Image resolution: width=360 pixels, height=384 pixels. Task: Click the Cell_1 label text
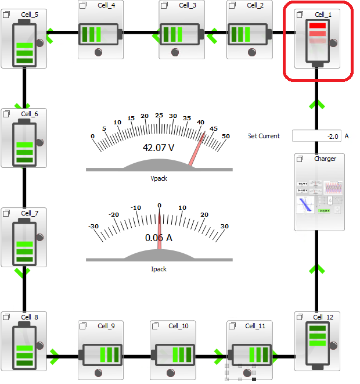point(323,14)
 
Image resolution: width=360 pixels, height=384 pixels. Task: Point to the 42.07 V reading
point(159,148)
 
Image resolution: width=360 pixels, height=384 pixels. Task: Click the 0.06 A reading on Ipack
point(159,238)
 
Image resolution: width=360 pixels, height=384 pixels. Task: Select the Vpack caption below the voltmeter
point(159,178)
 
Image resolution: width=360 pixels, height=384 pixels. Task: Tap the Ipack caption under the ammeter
point(159,269)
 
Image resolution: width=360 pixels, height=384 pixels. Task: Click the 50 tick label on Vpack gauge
point(226,137)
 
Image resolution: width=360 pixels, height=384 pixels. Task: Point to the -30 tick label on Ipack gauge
point(93,227)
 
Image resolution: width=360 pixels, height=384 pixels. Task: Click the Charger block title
point(325,159)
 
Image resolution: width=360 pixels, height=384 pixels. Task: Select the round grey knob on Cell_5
point(41,42)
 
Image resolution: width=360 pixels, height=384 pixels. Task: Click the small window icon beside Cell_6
point(6,114)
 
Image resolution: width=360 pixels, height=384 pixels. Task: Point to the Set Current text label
point(264,136)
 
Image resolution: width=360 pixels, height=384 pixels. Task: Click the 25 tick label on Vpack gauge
point(159,115)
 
